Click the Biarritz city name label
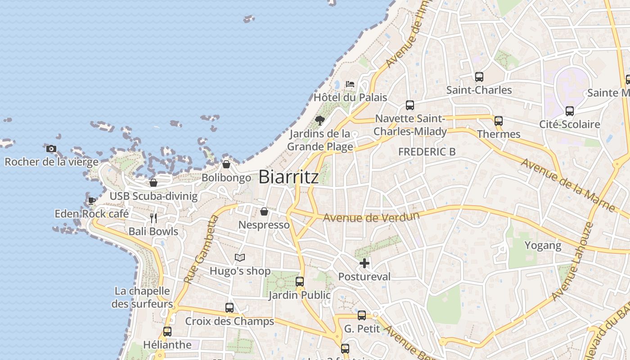288,177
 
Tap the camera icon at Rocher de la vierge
51,148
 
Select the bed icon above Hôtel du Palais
350,84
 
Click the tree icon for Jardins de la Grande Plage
320,120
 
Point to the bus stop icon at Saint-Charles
479,77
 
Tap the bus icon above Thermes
498,121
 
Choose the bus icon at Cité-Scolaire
570,111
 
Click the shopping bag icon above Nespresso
264,211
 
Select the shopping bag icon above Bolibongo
226,164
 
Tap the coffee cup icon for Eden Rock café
92,201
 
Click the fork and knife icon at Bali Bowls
153,218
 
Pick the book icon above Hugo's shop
240,258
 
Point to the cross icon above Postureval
364,263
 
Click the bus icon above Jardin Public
300,282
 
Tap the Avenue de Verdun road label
371,217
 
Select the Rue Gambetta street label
202,250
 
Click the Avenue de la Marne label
568,184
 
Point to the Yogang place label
543,246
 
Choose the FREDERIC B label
427,152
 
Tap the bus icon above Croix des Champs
229,308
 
